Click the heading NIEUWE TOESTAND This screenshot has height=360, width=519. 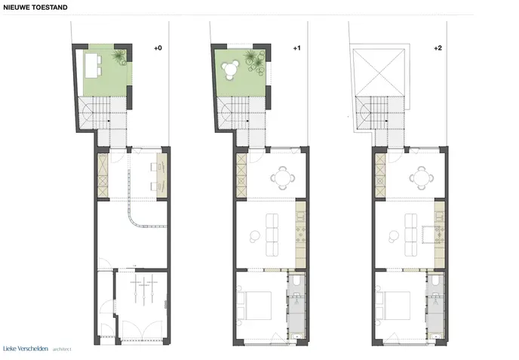pyautogui.click(x=35, y=8)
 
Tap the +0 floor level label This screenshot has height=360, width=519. pyautogui.click(x=158, y=48)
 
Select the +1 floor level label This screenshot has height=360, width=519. pyautogui.click(x=297, y=48)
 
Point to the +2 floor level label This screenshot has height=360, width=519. pyautogui.click(x=438, y=48)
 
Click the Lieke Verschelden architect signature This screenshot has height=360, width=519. pyautogui.click(x=37, y=349)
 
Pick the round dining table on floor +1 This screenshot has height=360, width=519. pyautogui.click(x=283, y=178)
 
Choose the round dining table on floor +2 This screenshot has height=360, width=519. pyautogui.click(x=422, y=178)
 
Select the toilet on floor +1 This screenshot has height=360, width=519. pyautogui.click(x=297, y=281)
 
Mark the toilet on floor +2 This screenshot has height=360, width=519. pyautogui.click(x=436, y=281)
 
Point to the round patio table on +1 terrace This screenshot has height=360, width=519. pyautogui.click(x=229, y=69)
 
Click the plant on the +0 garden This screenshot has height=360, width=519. pyautogui.click(x=119, y=57)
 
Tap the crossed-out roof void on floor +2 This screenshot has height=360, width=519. pyautogui.click(x=379, y=72)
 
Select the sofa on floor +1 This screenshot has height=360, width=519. pyautogui.click(x=272, y=235)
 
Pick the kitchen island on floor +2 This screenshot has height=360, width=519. pyautogui.click(x=428, y=235)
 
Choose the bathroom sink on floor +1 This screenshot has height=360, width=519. pyautogui.click(x=296, y=337)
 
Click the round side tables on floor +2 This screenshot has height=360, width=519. pyautogui.click(x=394, y=235)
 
